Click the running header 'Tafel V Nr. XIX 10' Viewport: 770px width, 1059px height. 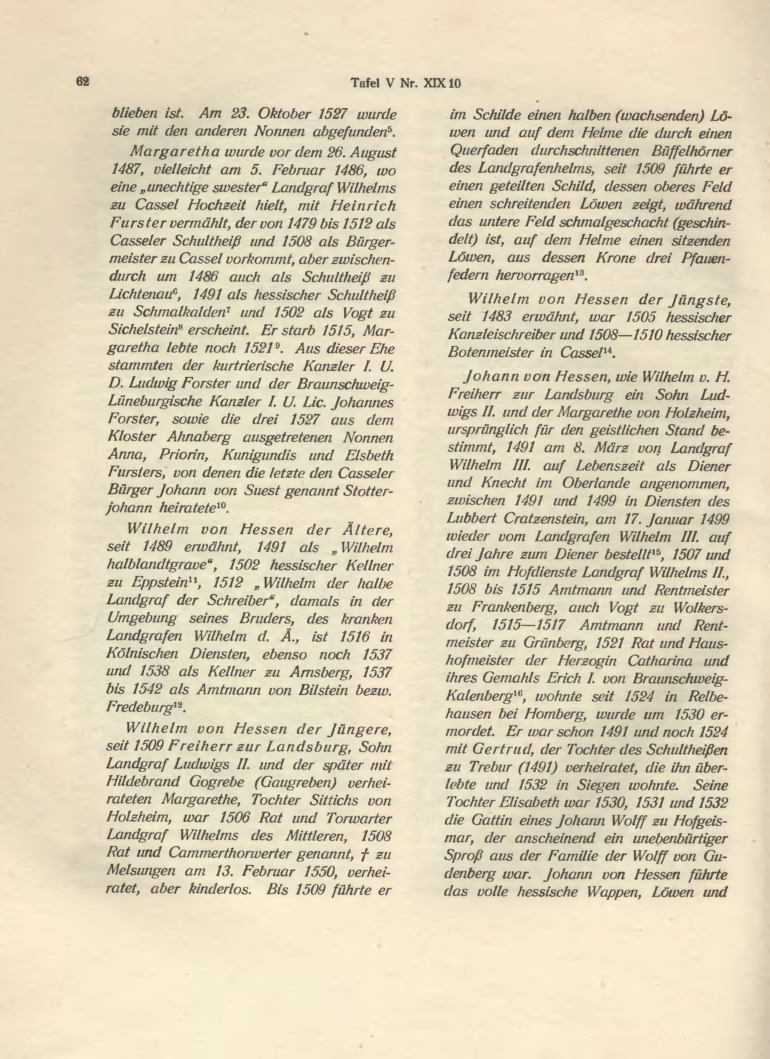click(x=405, y=83)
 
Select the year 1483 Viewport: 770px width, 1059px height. click(x=496, y=317)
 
